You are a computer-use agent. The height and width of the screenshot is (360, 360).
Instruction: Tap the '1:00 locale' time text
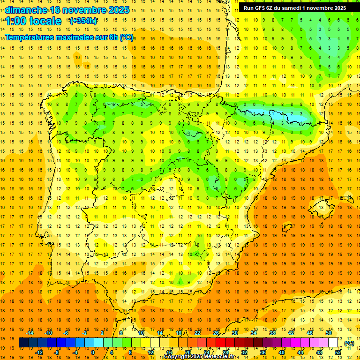pos(33,21)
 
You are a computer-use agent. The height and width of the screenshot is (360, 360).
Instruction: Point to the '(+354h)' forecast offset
pos(83,21)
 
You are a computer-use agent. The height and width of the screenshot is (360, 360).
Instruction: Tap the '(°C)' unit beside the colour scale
pos(349,343)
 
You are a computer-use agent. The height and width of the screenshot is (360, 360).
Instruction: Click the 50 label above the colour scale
pos(329,333)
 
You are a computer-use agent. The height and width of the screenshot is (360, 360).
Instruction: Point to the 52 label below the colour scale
pos(338,352)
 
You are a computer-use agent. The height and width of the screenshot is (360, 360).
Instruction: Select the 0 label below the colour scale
pos(93,352)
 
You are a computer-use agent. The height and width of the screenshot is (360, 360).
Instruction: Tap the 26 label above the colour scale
pos(216,333)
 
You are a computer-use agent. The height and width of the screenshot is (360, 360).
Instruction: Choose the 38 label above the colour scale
pos(272,333)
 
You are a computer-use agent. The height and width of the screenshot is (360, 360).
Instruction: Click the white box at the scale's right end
pos(333,343)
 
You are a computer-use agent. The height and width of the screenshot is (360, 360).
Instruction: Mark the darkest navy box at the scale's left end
pos(23,343)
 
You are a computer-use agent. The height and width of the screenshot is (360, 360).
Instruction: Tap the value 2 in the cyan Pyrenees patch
pos(292,113)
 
